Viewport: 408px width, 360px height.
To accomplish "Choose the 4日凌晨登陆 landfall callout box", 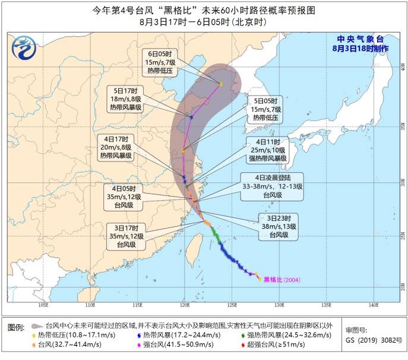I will (x=271, y=185).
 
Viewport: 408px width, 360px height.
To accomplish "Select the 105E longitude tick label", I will (x=42, y=305).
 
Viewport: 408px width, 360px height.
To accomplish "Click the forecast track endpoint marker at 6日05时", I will (x=220, y=84).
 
